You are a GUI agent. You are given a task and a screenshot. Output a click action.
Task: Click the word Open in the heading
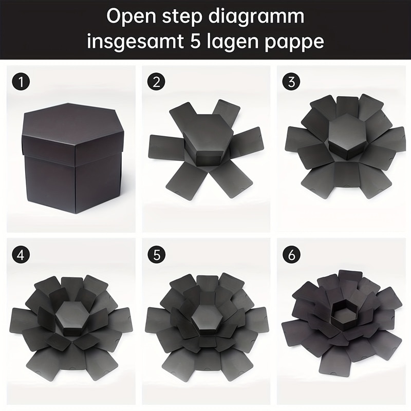[x=132, y=17]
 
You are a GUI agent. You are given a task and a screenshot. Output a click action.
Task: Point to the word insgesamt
[x=135, y=41]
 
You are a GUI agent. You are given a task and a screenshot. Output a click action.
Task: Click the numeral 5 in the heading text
[x=195, y=41]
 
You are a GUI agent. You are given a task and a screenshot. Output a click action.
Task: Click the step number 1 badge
[x=21, y=82]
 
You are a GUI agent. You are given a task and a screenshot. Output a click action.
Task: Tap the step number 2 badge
[x=156, y=82]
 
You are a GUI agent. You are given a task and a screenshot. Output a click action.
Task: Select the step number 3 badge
[x=291, y=82]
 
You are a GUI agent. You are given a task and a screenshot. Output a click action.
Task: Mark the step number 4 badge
[x=21, y=254]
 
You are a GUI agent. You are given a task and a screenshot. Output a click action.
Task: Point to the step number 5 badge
[x=156, y=254]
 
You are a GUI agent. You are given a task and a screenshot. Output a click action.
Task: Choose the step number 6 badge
[x=291, y=254]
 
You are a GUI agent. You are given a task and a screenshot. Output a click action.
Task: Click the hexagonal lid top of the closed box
[x=72, y=123]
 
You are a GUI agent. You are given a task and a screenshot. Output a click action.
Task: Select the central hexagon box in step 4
[x=72, y=318]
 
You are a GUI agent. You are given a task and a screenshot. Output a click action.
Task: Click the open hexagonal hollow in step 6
[x=343, y=313]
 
